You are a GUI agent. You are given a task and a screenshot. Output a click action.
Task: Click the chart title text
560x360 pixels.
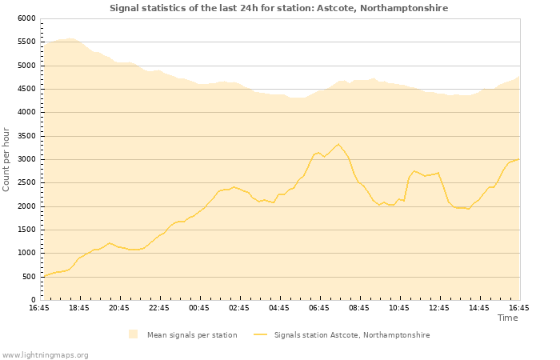[x=278, y=8]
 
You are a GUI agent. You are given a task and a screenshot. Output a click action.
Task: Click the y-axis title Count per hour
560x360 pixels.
[x=7, y=158]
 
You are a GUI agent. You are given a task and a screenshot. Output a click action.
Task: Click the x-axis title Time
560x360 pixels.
[x=507, y=318]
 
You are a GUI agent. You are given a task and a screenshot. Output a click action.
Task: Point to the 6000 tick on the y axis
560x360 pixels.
[x=26, y=18]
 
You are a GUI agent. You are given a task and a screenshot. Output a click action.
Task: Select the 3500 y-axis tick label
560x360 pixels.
[x=26, y=135]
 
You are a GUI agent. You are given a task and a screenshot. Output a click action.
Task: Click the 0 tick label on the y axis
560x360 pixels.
[x=34, y=300]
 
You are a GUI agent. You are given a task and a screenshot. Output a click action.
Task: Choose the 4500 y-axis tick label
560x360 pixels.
[x=26, y=89]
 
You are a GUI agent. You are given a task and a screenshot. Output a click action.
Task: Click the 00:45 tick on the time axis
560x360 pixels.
[x=199, y=308]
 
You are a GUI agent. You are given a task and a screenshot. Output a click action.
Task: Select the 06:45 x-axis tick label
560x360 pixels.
[x=319, y=308]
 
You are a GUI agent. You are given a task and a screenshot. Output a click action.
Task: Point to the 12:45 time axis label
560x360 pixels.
[x=439, y=308]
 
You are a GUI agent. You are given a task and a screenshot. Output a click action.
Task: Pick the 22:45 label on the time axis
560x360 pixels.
[x=159, y=308]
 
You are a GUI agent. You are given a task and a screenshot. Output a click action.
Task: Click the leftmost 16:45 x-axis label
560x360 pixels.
[x=39, y=308]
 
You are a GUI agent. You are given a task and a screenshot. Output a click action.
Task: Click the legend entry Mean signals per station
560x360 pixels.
[x=192, y=334]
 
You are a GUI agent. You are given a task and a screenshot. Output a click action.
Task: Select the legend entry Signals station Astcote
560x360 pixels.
[x=352, y=334]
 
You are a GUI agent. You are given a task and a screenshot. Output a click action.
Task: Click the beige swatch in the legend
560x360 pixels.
[x=133, y=334]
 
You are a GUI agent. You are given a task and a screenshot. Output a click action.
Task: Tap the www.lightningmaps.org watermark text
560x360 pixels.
[x=45, y=354]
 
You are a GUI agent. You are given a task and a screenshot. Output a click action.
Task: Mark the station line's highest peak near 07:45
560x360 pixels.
[x=338, y=144]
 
